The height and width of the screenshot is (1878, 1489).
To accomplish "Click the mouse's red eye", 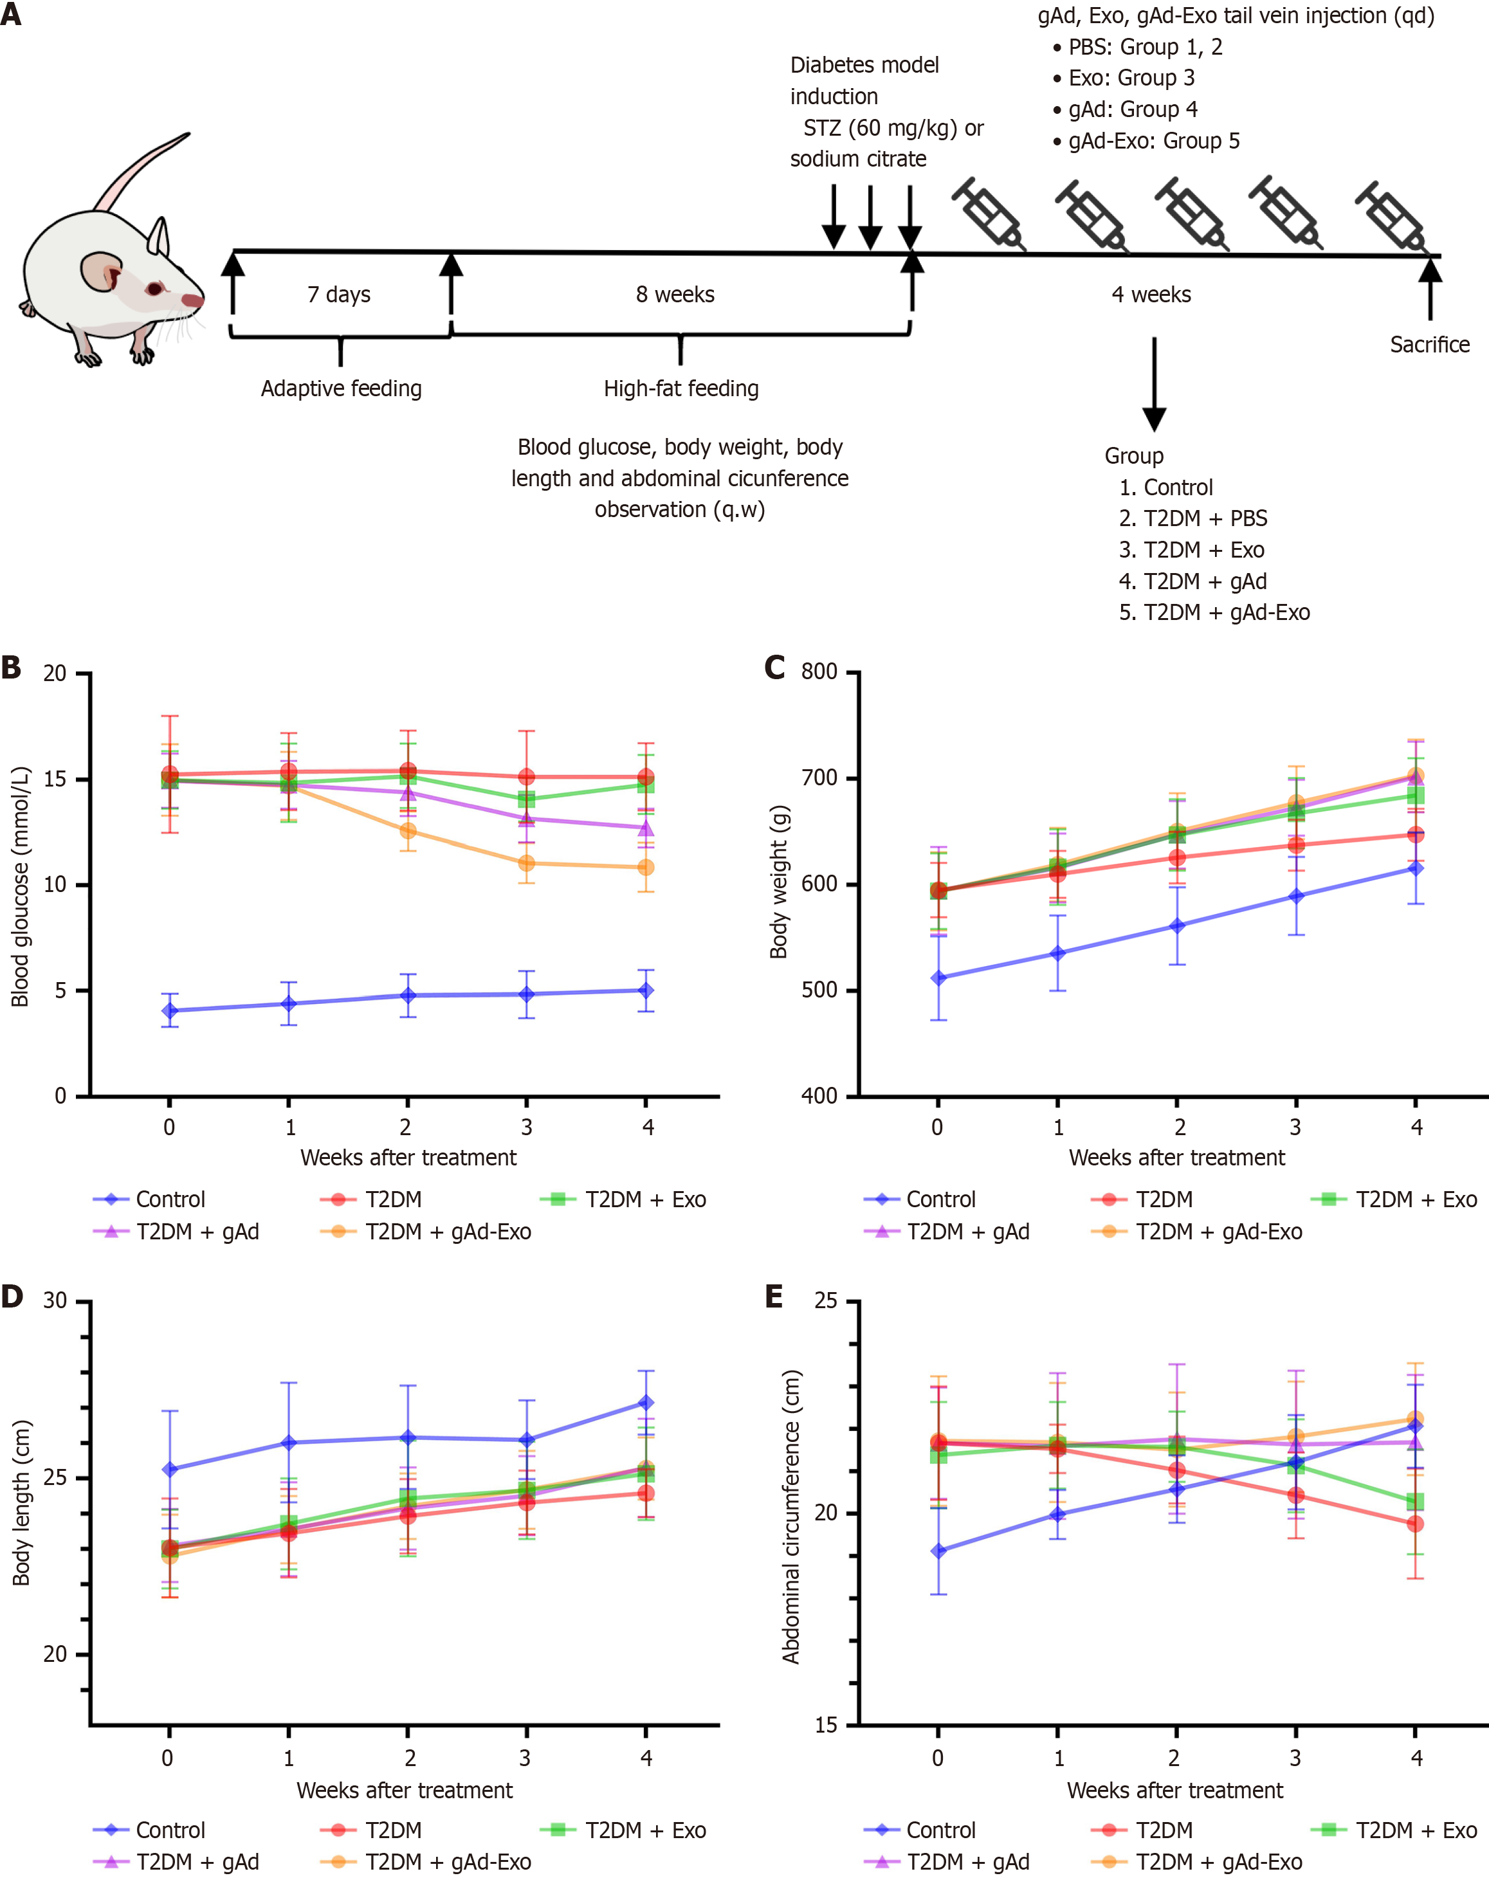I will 154,288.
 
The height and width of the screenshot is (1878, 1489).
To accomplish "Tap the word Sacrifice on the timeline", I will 1429,345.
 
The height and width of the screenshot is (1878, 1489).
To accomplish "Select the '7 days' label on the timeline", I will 339,295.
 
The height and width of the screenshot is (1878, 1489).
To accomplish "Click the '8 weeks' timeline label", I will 675,295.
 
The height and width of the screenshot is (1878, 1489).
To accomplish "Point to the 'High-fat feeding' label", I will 681,388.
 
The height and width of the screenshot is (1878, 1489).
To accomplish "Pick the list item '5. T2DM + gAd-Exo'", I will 1214,612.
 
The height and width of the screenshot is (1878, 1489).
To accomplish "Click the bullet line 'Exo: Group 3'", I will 1131,78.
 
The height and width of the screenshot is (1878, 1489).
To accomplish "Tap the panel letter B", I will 12,668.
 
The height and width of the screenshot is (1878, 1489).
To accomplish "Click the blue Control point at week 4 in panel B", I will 646,990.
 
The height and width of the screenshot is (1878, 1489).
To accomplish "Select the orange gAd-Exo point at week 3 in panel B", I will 526,863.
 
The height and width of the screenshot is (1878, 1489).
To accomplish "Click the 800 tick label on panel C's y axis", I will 819,671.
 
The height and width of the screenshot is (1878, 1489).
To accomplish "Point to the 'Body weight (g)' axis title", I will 778,882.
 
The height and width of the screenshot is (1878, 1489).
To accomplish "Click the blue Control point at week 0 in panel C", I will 938,978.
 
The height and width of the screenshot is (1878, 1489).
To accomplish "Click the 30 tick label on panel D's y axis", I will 55,1300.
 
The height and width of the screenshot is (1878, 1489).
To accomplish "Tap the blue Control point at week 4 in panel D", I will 646,1403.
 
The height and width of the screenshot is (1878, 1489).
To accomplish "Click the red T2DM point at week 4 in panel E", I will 1416,1524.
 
